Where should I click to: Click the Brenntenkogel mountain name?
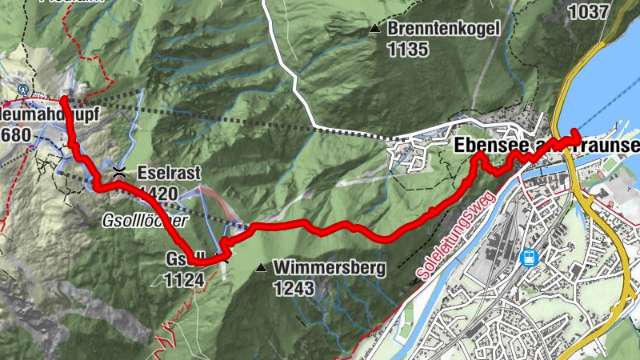pos(444,30)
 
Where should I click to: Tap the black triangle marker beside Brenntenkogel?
pos(374,30)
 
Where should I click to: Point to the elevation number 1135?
pos(409,49)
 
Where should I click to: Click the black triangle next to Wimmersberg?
pos(261,267)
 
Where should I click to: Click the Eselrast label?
pos(168,172)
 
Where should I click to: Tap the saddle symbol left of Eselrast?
pos(119,170)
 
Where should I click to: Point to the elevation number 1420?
pos(157,191)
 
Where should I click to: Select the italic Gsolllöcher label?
pos(144,220)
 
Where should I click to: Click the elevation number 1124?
pos(185,279)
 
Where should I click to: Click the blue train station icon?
pos(528,258)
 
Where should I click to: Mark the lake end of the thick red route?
pos(577,134)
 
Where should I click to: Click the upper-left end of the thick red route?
pos(63,99)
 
